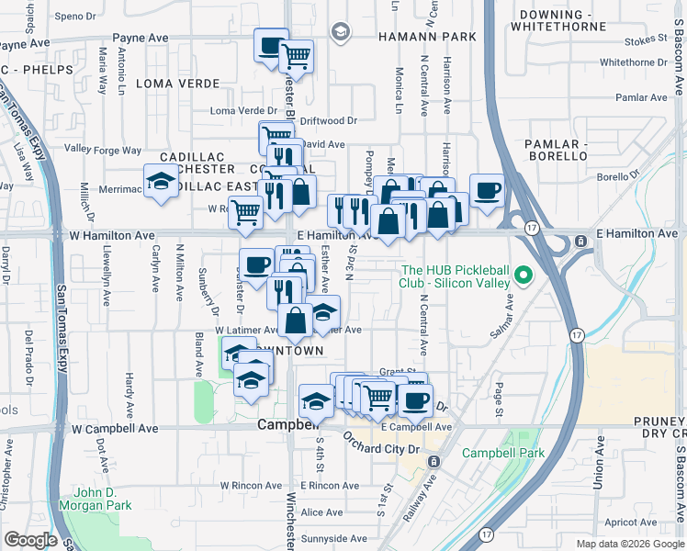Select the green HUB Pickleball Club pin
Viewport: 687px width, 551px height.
[x=524, y=275]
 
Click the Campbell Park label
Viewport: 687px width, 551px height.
[x=502, y=453]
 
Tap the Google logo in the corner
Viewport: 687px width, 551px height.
[x=30, y=540]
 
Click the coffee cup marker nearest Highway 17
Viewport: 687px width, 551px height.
[x=486, y=190]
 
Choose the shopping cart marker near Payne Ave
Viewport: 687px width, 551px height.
[x=296, y=56]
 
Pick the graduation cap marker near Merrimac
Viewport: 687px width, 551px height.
[x=161, y=180]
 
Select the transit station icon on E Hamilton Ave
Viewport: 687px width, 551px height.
[x=580, y=242]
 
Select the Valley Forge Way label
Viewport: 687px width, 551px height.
[x=103, y=150]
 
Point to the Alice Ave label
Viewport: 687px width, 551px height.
[x=321, y=512]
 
